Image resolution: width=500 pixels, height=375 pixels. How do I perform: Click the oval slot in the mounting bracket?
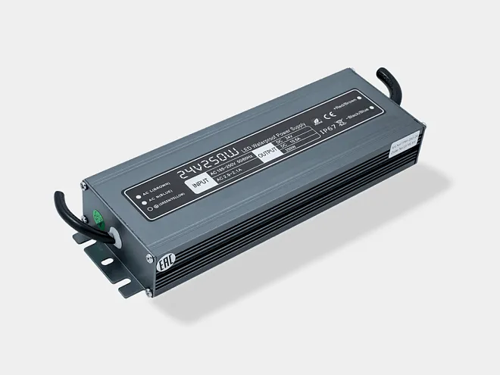[108, 261]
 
